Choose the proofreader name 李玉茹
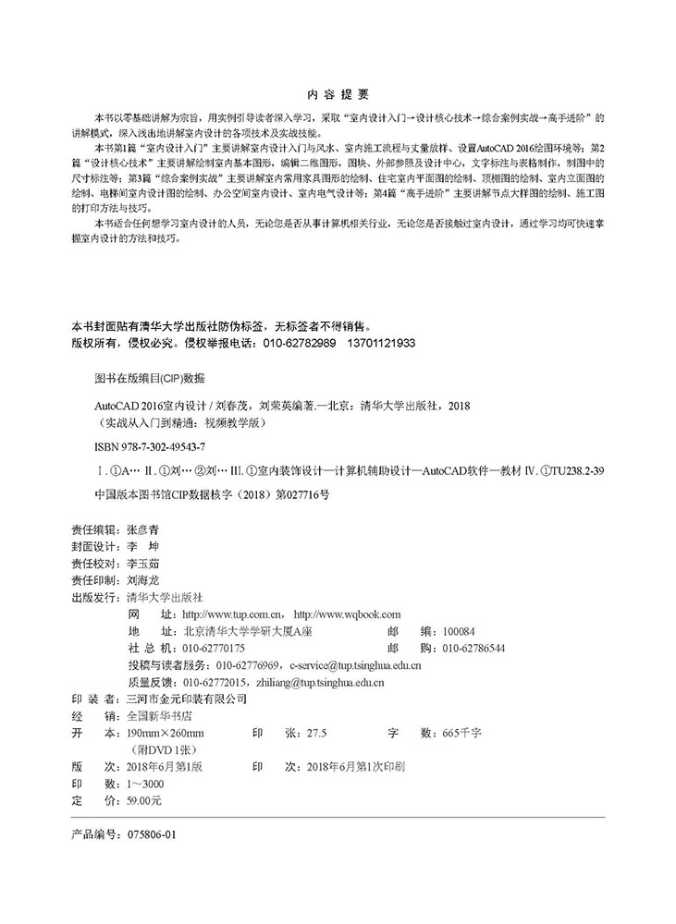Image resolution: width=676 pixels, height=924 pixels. tap(147, 565)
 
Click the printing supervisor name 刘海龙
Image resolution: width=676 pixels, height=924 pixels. tap(147, 581)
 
